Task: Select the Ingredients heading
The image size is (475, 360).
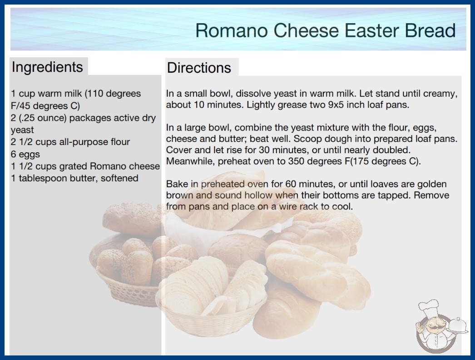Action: (47, 67)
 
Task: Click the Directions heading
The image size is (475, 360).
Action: (199, 68)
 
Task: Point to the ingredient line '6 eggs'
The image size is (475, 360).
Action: (25, 154)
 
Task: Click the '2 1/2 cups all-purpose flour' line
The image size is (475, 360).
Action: (70, 142)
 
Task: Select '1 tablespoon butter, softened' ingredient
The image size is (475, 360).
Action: (74, 178)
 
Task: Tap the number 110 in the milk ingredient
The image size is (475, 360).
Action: (94, 94)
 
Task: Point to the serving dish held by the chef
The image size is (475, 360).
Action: (457, 326)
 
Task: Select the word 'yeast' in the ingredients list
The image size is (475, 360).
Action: (22, 130)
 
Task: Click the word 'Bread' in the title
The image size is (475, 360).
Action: (430, 30)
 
